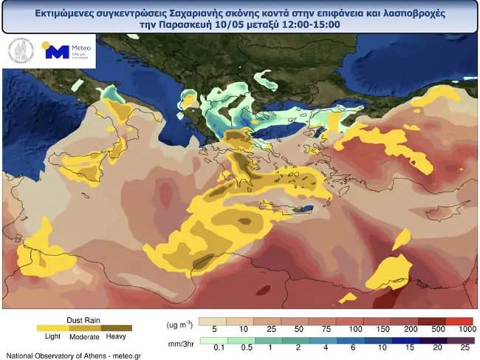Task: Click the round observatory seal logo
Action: click(21, 51)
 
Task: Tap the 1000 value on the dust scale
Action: click(466, 328)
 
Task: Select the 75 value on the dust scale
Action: click(326, 328)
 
